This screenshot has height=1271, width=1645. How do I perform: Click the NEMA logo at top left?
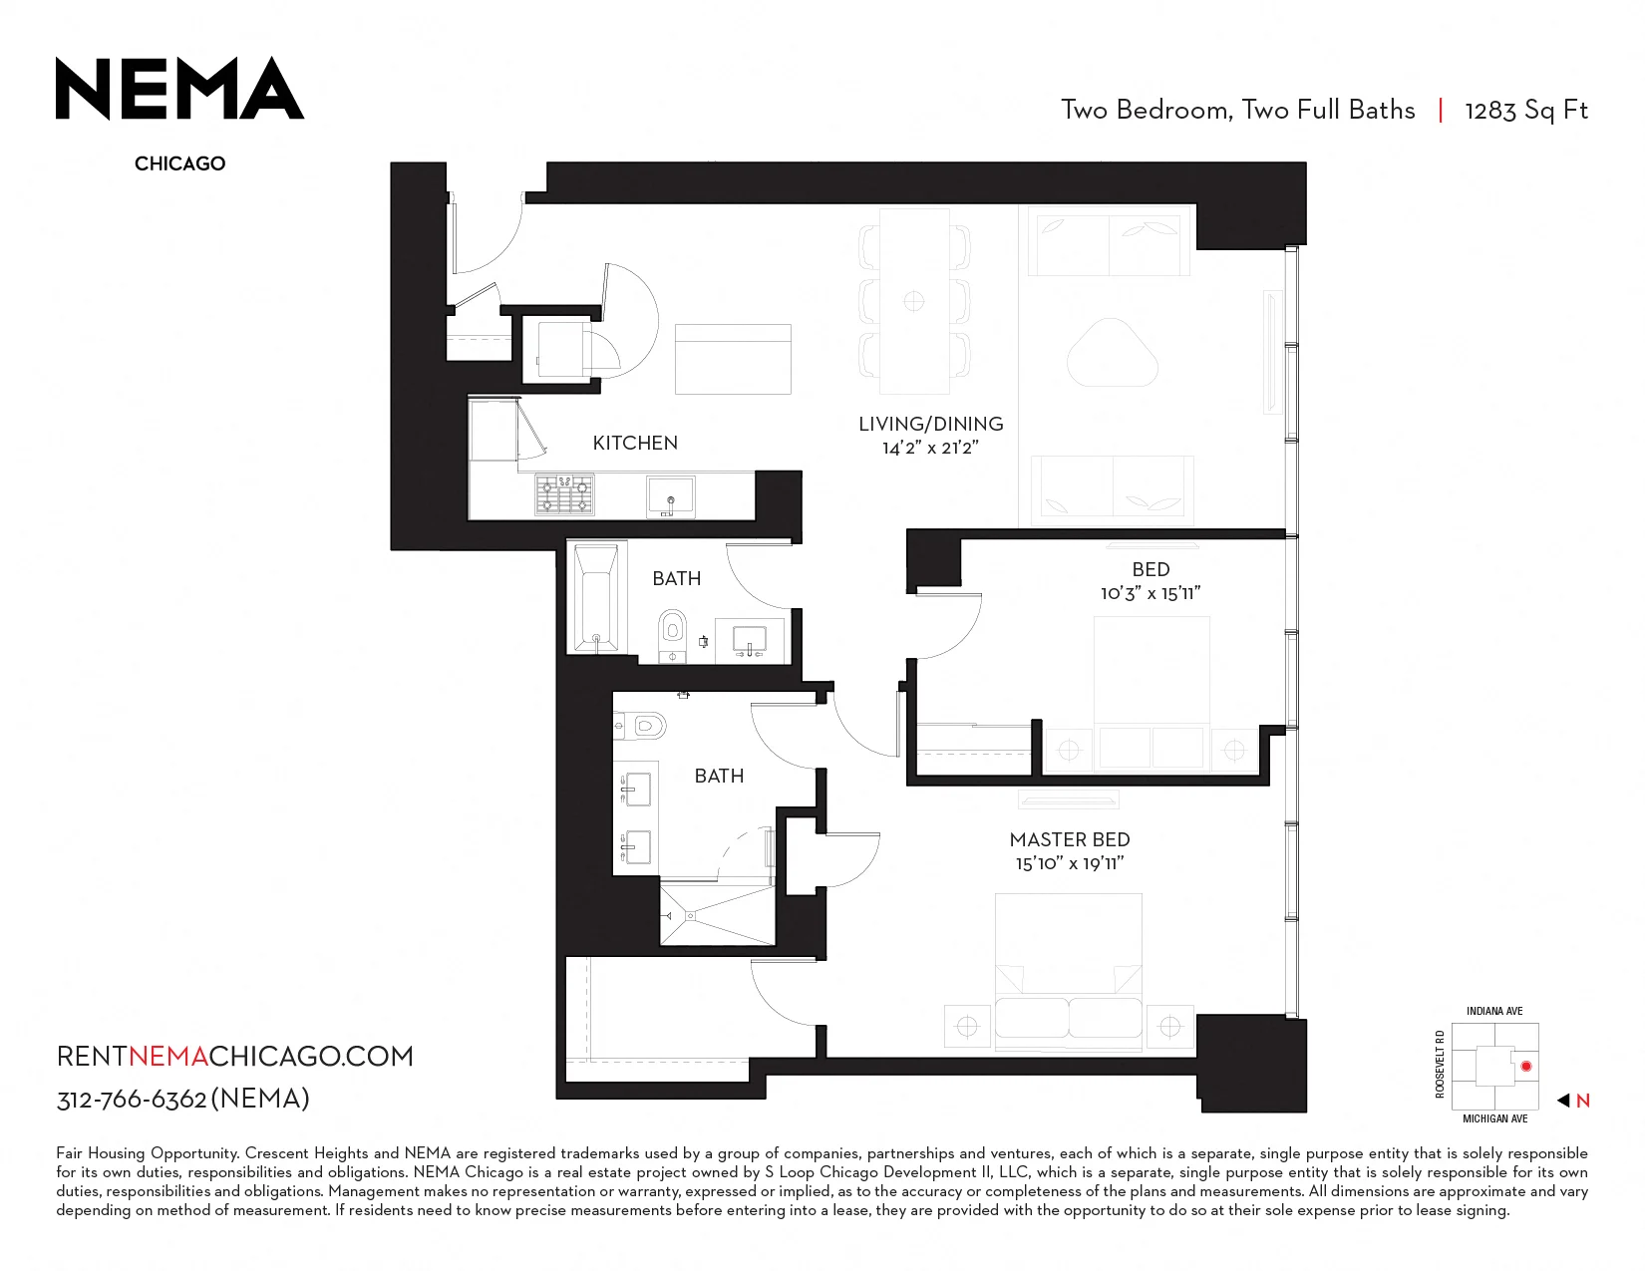(x=179, y=88)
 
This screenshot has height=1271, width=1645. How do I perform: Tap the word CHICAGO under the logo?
(x=179, y=163)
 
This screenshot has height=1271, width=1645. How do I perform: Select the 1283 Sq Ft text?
(x=1526, y=111)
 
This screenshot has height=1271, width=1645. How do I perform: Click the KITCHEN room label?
(x=634, y=443)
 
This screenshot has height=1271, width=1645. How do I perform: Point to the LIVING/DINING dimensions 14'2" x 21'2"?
(x=930, y=449)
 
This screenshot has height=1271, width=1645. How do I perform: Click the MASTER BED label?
(x=1069, y=839)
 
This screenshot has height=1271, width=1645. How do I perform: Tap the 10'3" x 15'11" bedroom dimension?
(x=1151, y=593)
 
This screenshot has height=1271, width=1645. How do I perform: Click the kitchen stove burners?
(x=564, y=494)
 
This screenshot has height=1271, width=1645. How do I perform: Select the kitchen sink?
(x=670, y=496)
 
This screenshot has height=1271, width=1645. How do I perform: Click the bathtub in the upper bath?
(x=597, y=596)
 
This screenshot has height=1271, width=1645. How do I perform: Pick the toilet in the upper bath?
(x=672, y=634)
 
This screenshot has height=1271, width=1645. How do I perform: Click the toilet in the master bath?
(x=640, y=728)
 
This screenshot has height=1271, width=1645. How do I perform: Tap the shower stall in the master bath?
(x=718, y=915)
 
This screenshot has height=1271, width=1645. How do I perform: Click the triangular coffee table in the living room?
(x=1112, y=354)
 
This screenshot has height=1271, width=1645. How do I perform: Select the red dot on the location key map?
(x=1526, y=1067)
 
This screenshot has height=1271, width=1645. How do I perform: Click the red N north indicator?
(x=1582, y=1101)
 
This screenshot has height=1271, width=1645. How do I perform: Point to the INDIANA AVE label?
(x=1494, y=1011)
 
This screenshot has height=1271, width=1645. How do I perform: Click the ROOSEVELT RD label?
(x=1440, y=1064)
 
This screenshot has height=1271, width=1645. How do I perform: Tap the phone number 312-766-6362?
(x=132, y=1100)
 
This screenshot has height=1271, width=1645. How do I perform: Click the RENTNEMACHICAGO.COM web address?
(x=235, y=1056)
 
